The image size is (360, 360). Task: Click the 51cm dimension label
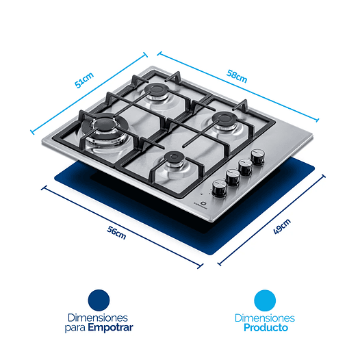click(x=85, y=83)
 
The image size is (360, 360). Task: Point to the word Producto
click(x=265, y=328)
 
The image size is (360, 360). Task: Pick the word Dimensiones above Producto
click(x=264, y=318)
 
